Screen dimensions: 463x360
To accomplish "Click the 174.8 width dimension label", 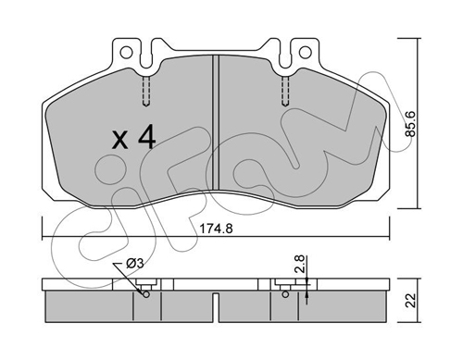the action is [x=216, y=229].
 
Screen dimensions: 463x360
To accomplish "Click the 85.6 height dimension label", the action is [x=411, y=124].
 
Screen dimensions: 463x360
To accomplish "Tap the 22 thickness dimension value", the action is [x=411, y=301].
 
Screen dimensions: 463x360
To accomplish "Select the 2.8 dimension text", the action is [x=300, y=264].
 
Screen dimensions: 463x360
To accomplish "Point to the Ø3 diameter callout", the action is [x=135, y=264].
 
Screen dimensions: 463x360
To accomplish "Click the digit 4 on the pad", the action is [x=146, y=138].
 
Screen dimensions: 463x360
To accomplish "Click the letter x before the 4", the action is [x=119, y=140].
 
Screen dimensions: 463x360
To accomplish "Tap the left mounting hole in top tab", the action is [x=126, y=52].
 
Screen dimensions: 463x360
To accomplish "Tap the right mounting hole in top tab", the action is [x=305, y=52].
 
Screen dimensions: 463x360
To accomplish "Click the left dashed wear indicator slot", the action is [x=146, y=92].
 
